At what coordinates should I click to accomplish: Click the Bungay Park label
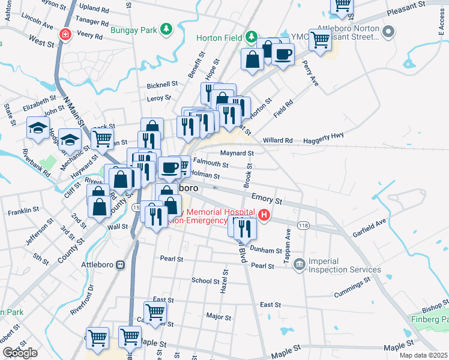[x=133, y=29]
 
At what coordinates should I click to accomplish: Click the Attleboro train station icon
[x=121, y=265]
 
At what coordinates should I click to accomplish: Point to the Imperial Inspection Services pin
[x=300, y=264]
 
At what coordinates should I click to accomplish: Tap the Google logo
[x=20, y=353]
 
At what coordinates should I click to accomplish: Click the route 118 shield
[x=304, y=224]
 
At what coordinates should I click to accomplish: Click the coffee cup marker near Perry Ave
[x=283, y=53]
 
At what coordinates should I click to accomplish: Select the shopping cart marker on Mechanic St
[x=103, y=139]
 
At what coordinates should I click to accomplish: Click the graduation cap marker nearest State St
[x=38, y=128]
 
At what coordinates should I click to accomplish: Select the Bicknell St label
[x=163, y=84]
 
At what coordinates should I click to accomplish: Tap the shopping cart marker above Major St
[x=155, y=312]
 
